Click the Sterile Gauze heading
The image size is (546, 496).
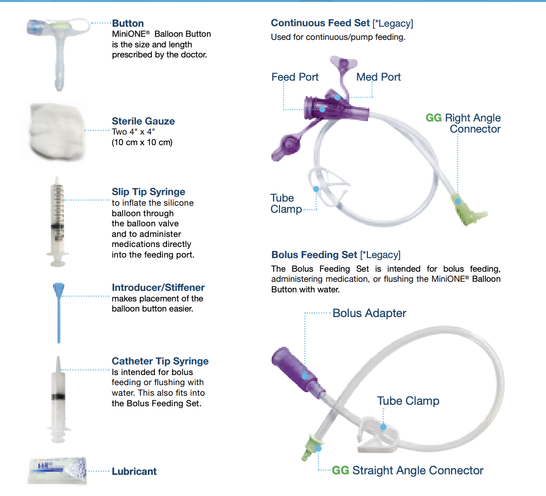[143, 121]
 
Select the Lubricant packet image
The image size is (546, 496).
[58, 471]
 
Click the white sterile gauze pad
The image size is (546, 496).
[56, 132]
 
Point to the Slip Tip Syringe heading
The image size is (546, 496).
[148, 192]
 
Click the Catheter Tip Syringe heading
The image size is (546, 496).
[160, 361]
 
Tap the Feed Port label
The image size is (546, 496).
[295, 77]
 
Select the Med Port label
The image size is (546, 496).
[378, 77]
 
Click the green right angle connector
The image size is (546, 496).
[468, 210]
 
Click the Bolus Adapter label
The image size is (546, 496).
[369, 313]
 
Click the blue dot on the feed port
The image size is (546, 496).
[322, 109]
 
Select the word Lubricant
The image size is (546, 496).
[134, 471]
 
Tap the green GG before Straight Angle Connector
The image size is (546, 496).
[341, 470]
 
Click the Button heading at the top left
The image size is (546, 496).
[128, 23]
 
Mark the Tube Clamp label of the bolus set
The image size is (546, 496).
[408, 401]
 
